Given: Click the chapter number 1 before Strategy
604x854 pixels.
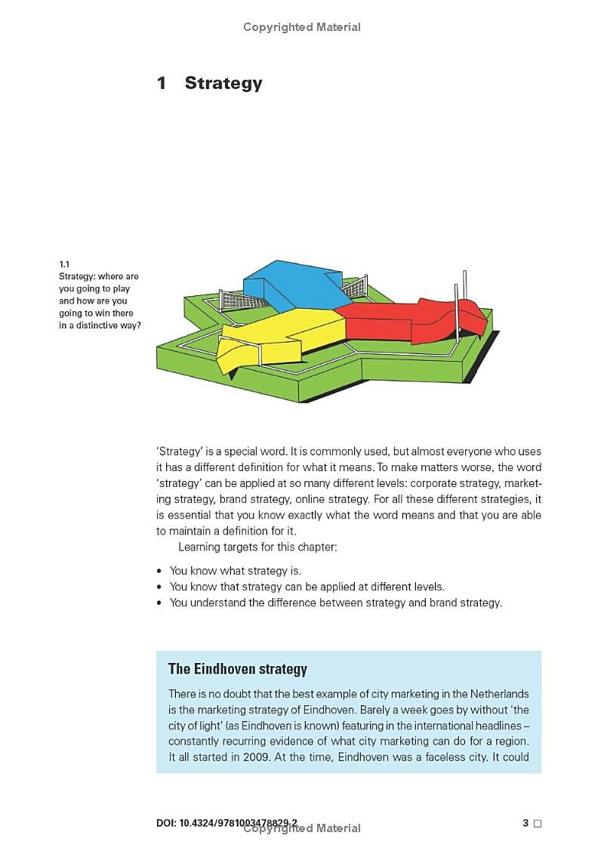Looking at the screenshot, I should point(161,83).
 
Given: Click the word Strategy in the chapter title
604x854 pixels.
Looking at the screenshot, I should point(223,83).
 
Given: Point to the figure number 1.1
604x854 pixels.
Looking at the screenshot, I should point(64,264).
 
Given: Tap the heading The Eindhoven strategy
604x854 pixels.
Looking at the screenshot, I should point(237,669).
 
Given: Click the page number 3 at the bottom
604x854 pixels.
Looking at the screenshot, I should point(525,823).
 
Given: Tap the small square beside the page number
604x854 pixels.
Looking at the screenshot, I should point(538,824).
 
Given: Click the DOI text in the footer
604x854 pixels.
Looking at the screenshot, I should point(226,823).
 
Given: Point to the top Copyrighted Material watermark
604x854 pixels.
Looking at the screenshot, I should point(302,27).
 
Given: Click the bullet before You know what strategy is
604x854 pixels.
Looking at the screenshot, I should point(159,571).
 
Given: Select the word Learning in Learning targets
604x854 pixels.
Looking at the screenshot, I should point(200,547).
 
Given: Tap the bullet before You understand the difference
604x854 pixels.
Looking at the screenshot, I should point(159,603).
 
